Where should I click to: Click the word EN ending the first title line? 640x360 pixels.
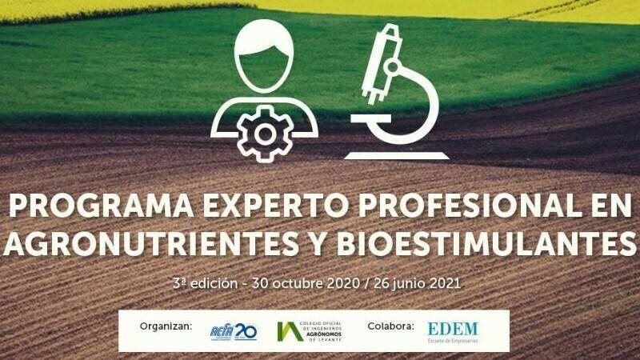click(607, 207)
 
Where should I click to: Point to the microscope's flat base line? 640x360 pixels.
click(397, 154)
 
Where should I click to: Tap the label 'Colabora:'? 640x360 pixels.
click(390, 326)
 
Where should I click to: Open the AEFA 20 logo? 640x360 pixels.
click(233, 330)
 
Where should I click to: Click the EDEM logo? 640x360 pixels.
click(452, 330)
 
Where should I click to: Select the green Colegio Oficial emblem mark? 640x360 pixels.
click(289, 330)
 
